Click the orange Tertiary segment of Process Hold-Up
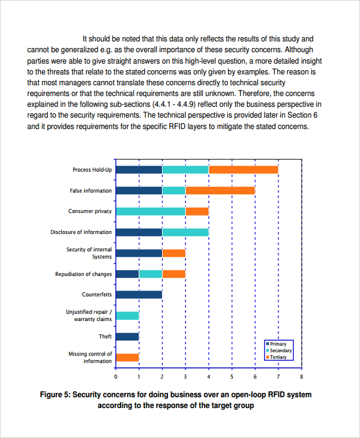(243, 170)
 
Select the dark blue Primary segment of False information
(139, 191)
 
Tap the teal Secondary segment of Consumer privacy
(150, 211)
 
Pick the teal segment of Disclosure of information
(185, 232)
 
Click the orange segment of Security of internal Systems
(173, 253)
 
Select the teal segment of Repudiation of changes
(150, 274)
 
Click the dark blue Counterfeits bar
(139, 295)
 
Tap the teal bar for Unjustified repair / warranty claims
(127, 316)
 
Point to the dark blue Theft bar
(127, 337)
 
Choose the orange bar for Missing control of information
(127, 358)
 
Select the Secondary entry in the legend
(280, 350)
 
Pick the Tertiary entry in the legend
(278, 357)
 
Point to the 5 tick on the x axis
(232, 377)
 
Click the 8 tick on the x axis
(301, 377)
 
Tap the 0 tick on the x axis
(116, 377)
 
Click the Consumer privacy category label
(90, 211)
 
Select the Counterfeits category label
(97, 295)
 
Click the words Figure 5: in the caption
(55, 395)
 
